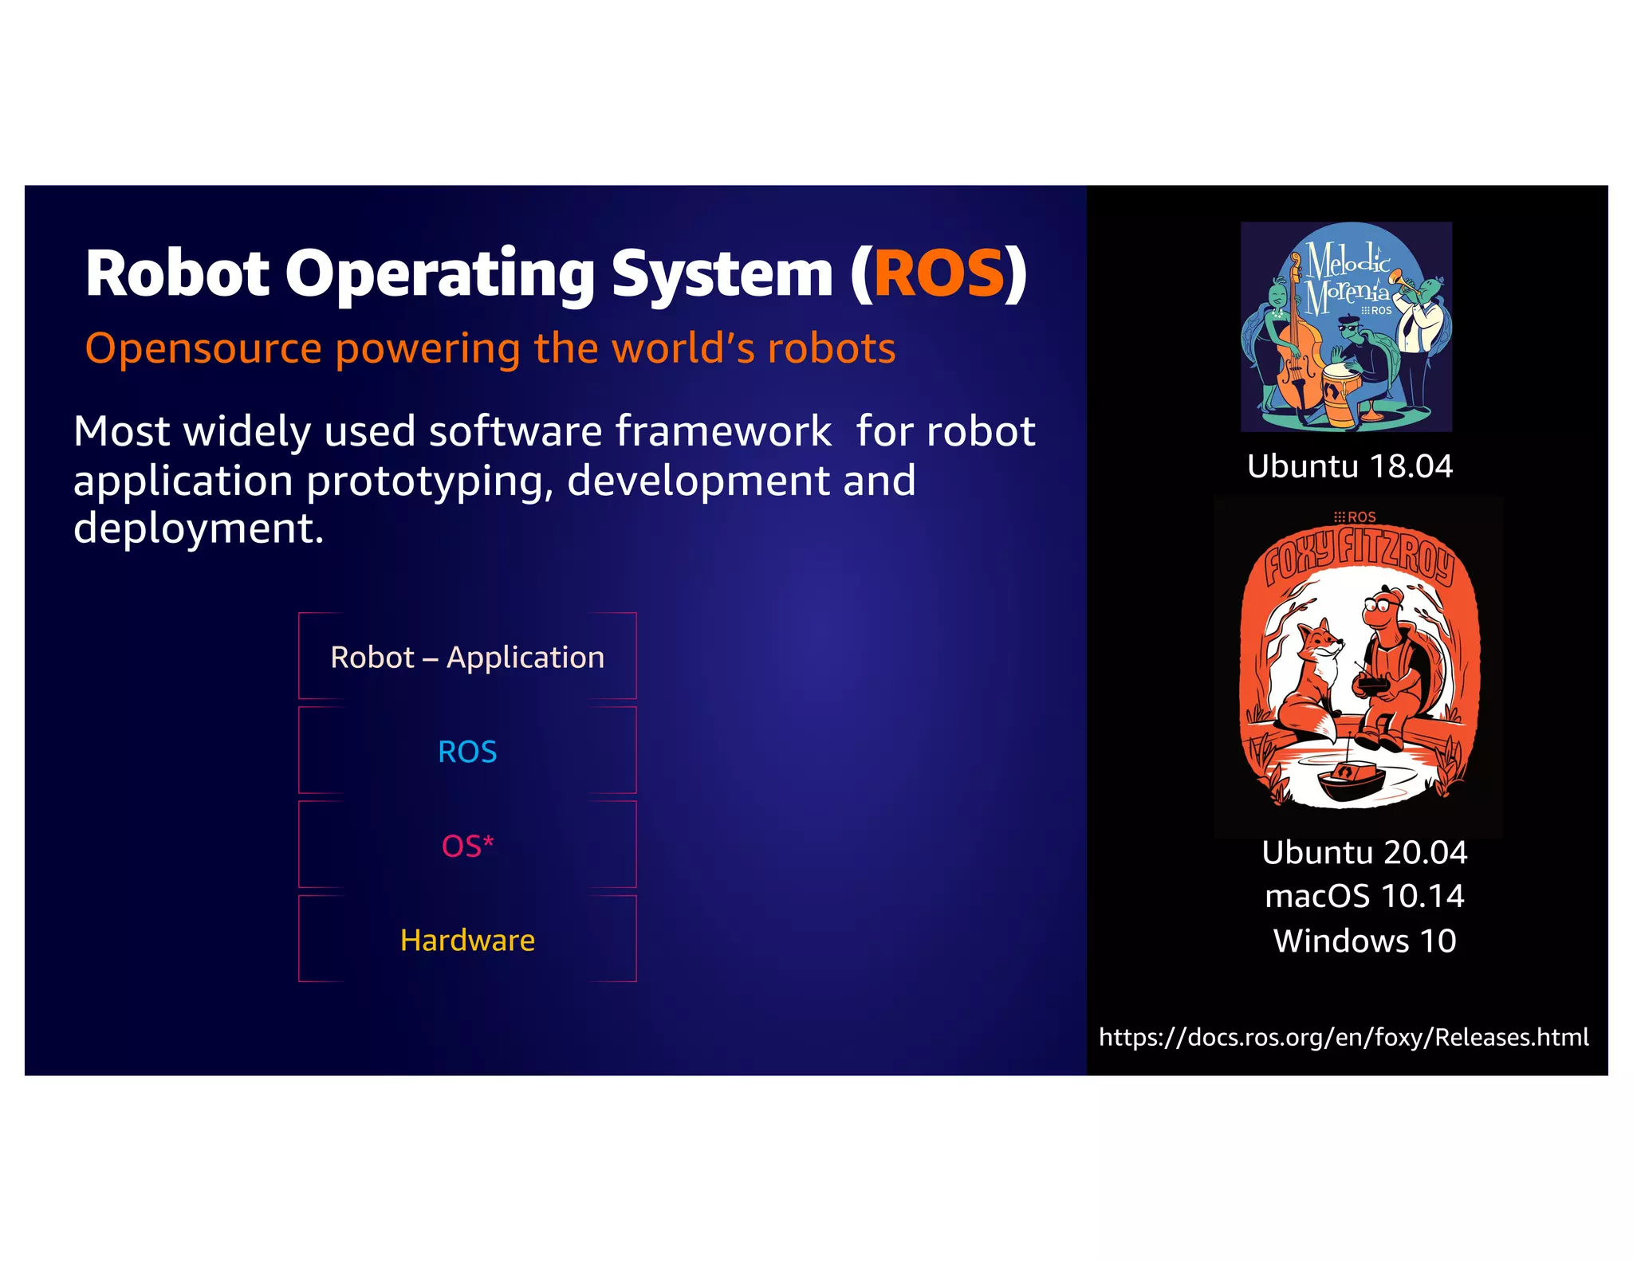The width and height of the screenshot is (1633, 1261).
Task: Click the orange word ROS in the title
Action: pos(938,273)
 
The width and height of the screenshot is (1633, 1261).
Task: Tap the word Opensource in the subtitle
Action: pos(203,348)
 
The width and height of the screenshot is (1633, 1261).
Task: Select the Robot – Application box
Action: pos(467,657)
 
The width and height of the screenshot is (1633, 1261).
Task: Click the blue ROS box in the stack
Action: pos(467,751)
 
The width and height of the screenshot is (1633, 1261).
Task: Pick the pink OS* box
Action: pos(467,845)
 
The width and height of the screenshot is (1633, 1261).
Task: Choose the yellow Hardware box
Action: pos(467,940)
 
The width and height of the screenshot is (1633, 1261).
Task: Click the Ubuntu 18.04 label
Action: pos(1349,466)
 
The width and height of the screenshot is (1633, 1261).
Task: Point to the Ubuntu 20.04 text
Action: pos(1364,853)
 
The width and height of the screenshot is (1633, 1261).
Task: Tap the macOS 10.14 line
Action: pos(1364,897)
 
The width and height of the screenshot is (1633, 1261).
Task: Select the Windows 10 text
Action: pos(1364,941)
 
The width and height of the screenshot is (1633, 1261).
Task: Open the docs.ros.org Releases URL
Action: pos(1344,1037)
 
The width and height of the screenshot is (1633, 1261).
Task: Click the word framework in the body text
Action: pos(723,431)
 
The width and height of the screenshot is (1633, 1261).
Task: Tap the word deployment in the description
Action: pos(199,528)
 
